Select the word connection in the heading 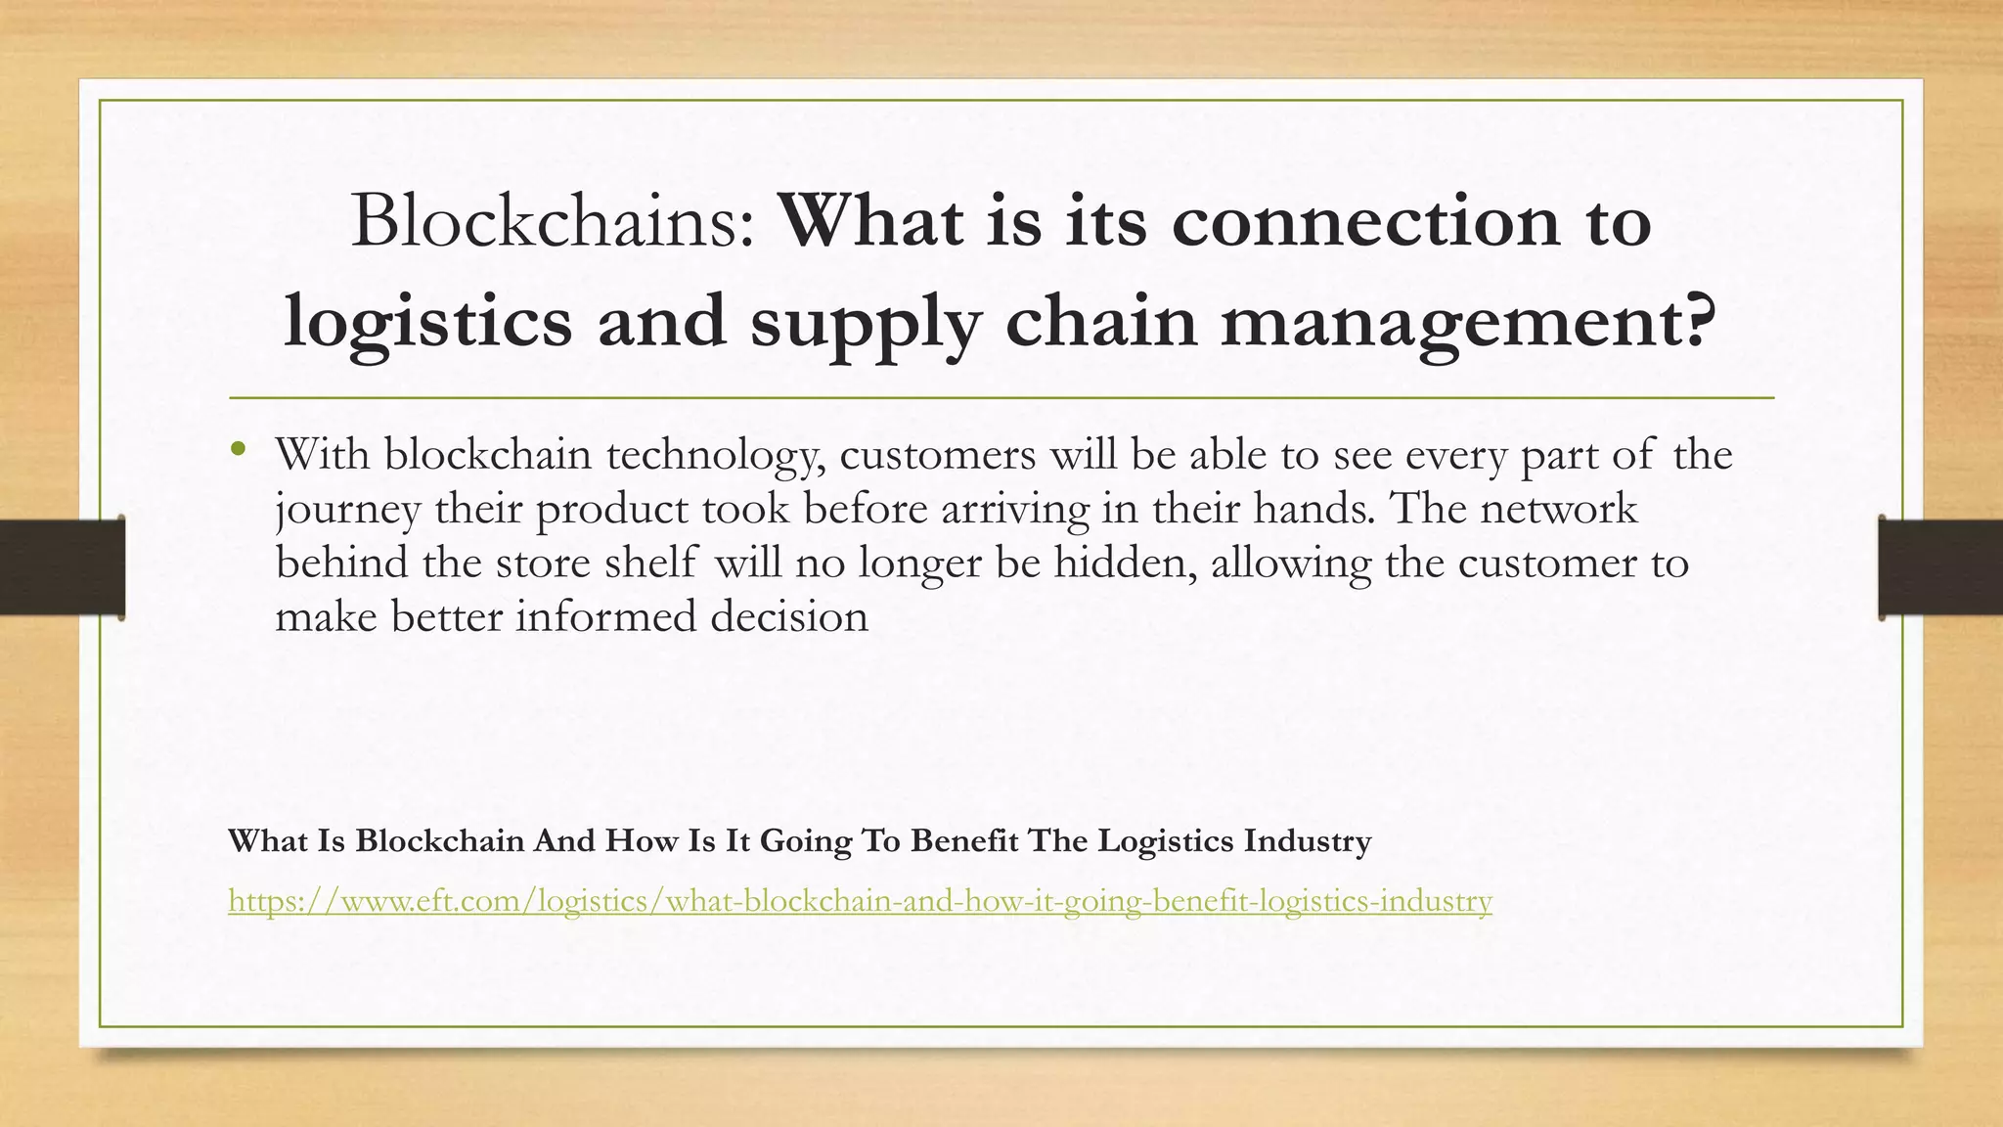point(1365,221)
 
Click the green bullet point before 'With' point(238,450)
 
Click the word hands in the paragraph point(1313,509)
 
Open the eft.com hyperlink point(860,900)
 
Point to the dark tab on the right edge point(1940,567)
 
